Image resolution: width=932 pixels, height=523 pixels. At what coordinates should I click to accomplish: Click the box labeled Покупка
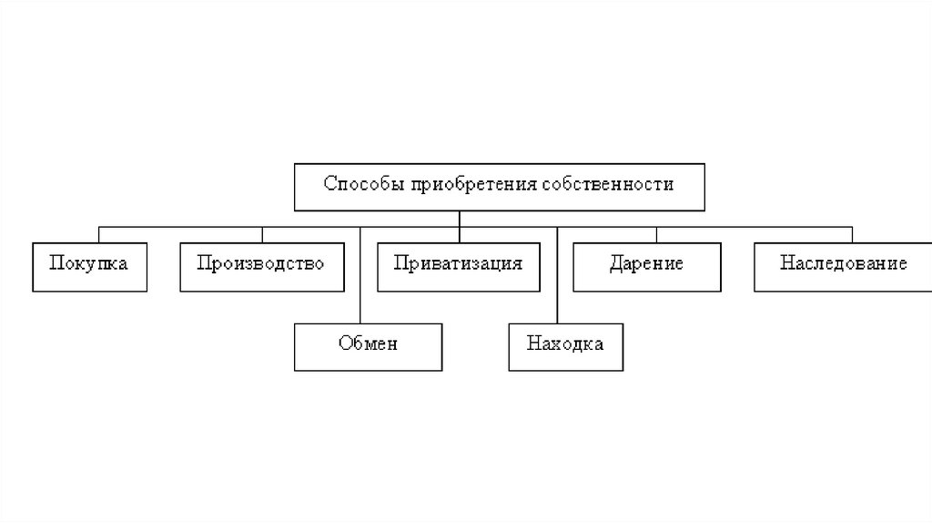pyautogui.click(x=88, y=265)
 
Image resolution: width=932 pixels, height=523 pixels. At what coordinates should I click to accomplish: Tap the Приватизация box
pyautogui.click(x=458, y=265)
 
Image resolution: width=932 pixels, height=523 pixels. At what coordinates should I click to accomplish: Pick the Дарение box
pyautogui.click(x=647, y=265)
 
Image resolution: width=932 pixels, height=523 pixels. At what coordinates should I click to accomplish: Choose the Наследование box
pyautogui.click(x=843, y=265)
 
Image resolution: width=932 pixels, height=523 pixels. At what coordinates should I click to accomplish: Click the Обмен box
pyautogui.click(x=368, y=345)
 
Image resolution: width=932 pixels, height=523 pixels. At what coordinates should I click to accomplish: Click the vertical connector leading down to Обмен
pyautogui.click(x=361, y=273)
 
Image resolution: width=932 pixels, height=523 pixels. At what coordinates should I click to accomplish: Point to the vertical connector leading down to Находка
pyautogui.click(x=557, y=273)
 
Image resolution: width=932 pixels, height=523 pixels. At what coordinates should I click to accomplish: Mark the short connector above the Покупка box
pyautogui.click(x=98, y=233)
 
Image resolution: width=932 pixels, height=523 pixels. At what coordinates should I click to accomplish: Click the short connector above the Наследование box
pyautogui.click(x=852, y=233)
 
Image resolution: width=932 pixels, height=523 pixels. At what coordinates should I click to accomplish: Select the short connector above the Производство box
pyautogui.click(x=262, y=233)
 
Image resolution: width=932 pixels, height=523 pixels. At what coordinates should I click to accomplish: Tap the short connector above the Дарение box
pyautogui.click(x=656, y=233)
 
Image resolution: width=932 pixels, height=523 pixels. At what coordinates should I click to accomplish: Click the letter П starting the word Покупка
pyautogui.click(x=56, y=264)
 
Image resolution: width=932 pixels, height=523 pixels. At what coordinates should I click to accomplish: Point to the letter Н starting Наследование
pyautogui.click(x=785, y=264)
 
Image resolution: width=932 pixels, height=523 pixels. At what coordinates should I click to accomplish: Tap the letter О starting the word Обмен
pyautogui.click(x=342, y=345)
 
